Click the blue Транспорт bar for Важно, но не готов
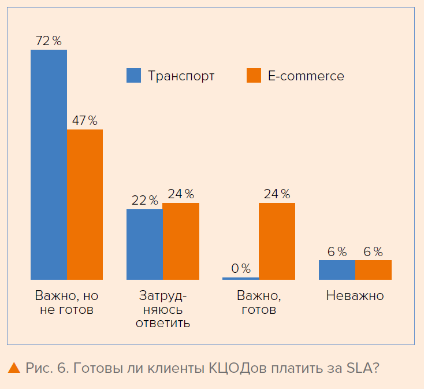[x=49, y=165]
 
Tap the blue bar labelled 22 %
[x=144, y=244]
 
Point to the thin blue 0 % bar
[x=240, y=278]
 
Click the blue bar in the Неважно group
[x=337, y=270]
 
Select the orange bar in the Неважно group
[x=373, y=270]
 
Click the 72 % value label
[x=49, y=41]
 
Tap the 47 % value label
[x=85, y=121]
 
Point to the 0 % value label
[x=240, y=268]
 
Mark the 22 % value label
[x=144, y=201]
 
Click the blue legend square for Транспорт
[x=133, y=76]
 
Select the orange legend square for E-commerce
[x=254, y=76]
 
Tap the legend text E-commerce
[x=306, y=76]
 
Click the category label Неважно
[x=355, y=296]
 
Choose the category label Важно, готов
[x=259, y=303]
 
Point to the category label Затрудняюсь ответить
[x=163, y=309]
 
